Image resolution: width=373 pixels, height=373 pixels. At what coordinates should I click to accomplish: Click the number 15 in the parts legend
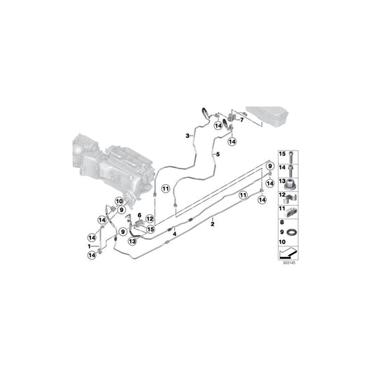pyautogui.click(x=283, y=154)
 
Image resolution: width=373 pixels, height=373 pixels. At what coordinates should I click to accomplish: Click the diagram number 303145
pyautogui.click(x=290, y=264)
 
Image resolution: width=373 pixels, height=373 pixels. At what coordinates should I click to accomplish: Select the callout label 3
pyautogui.click(x=188, y=135)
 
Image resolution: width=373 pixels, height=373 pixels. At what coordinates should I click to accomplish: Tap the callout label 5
pyautogui.click(x=218, y=154)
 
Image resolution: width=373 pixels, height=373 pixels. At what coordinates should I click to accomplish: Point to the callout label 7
pyautogui.click(x=243, y=120)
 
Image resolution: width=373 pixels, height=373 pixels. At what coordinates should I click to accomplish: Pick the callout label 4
pyautogui.click(x=174, y=233)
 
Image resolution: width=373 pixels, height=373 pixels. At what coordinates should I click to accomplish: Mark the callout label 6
pyautogui.click(x=139, y=216)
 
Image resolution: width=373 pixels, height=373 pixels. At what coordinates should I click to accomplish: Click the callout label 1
pyautogui.click(x=90, y=246)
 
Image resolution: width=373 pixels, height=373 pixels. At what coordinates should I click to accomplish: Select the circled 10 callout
pyautogui.click(x=118, y=202)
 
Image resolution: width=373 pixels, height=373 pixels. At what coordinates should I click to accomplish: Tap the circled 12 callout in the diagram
pyautogui.click(x=149, y=219)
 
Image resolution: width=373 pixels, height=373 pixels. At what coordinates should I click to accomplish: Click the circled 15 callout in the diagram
pyautogui.click(x=150, y=229)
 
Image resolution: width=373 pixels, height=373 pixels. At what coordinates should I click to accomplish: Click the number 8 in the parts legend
pyautogui.click(x=282, y=222)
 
